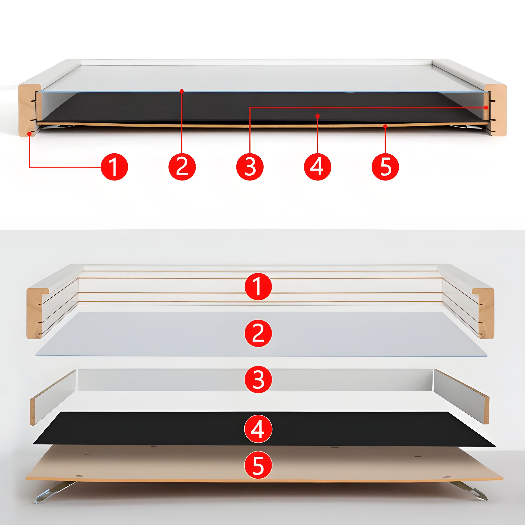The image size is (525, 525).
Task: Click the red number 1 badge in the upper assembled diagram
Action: [x=114, y=167]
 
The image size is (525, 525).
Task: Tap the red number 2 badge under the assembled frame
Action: [x=182, y=167]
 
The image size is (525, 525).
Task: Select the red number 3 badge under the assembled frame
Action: [x=250, y=167]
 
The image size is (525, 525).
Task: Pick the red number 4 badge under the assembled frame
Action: [x=317, y=167]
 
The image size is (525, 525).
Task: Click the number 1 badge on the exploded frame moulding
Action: [x=258, y=286]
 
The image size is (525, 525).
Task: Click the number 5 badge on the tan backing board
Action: [x=258, y=465]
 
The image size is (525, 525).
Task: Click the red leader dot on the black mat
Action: [x=317, y=116]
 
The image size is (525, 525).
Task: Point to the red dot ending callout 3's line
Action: [x=486, y=108]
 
